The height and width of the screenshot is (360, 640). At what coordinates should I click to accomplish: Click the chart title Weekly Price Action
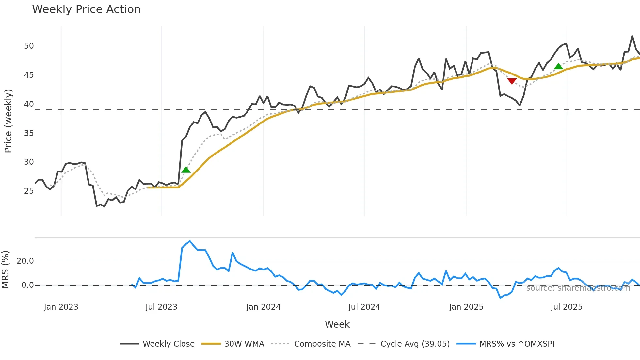(x=86, y=9)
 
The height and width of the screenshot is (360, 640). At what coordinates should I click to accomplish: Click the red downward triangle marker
(x=512, y=81)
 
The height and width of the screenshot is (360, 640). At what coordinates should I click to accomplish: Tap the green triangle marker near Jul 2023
(x=186, y=170)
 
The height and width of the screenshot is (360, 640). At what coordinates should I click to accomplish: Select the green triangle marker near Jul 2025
(x=558, y=67)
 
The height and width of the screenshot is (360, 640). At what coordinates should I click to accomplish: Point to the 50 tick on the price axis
(x=29, y=46)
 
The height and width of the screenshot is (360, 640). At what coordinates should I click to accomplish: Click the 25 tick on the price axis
(x=29, y=191)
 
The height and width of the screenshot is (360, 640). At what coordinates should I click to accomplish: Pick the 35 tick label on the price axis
(x=29, y=133)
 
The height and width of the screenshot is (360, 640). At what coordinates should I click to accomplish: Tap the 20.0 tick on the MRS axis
(x=25, y=261)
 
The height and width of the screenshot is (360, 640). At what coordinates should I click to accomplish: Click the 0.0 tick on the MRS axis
(x=27, y=285)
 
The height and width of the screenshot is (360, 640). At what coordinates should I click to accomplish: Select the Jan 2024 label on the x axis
(x=263, y=307)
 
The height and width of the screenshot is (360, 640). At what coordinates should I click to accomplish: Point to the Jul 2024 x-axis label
(x=364, y=307)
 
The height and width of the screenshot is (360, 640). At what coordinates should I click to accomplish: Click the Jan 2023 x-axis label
(x=61, y=307)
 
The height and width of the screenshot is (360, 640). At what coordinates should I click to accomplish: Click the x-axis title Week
(x=337, y=324)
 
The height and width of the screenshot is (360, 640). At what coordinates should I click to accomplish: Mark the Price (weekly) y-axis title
(x=8, y=121)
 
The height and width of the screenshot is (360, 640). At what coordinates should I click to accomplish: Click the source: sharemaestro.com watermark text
(x=578, y=288)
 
